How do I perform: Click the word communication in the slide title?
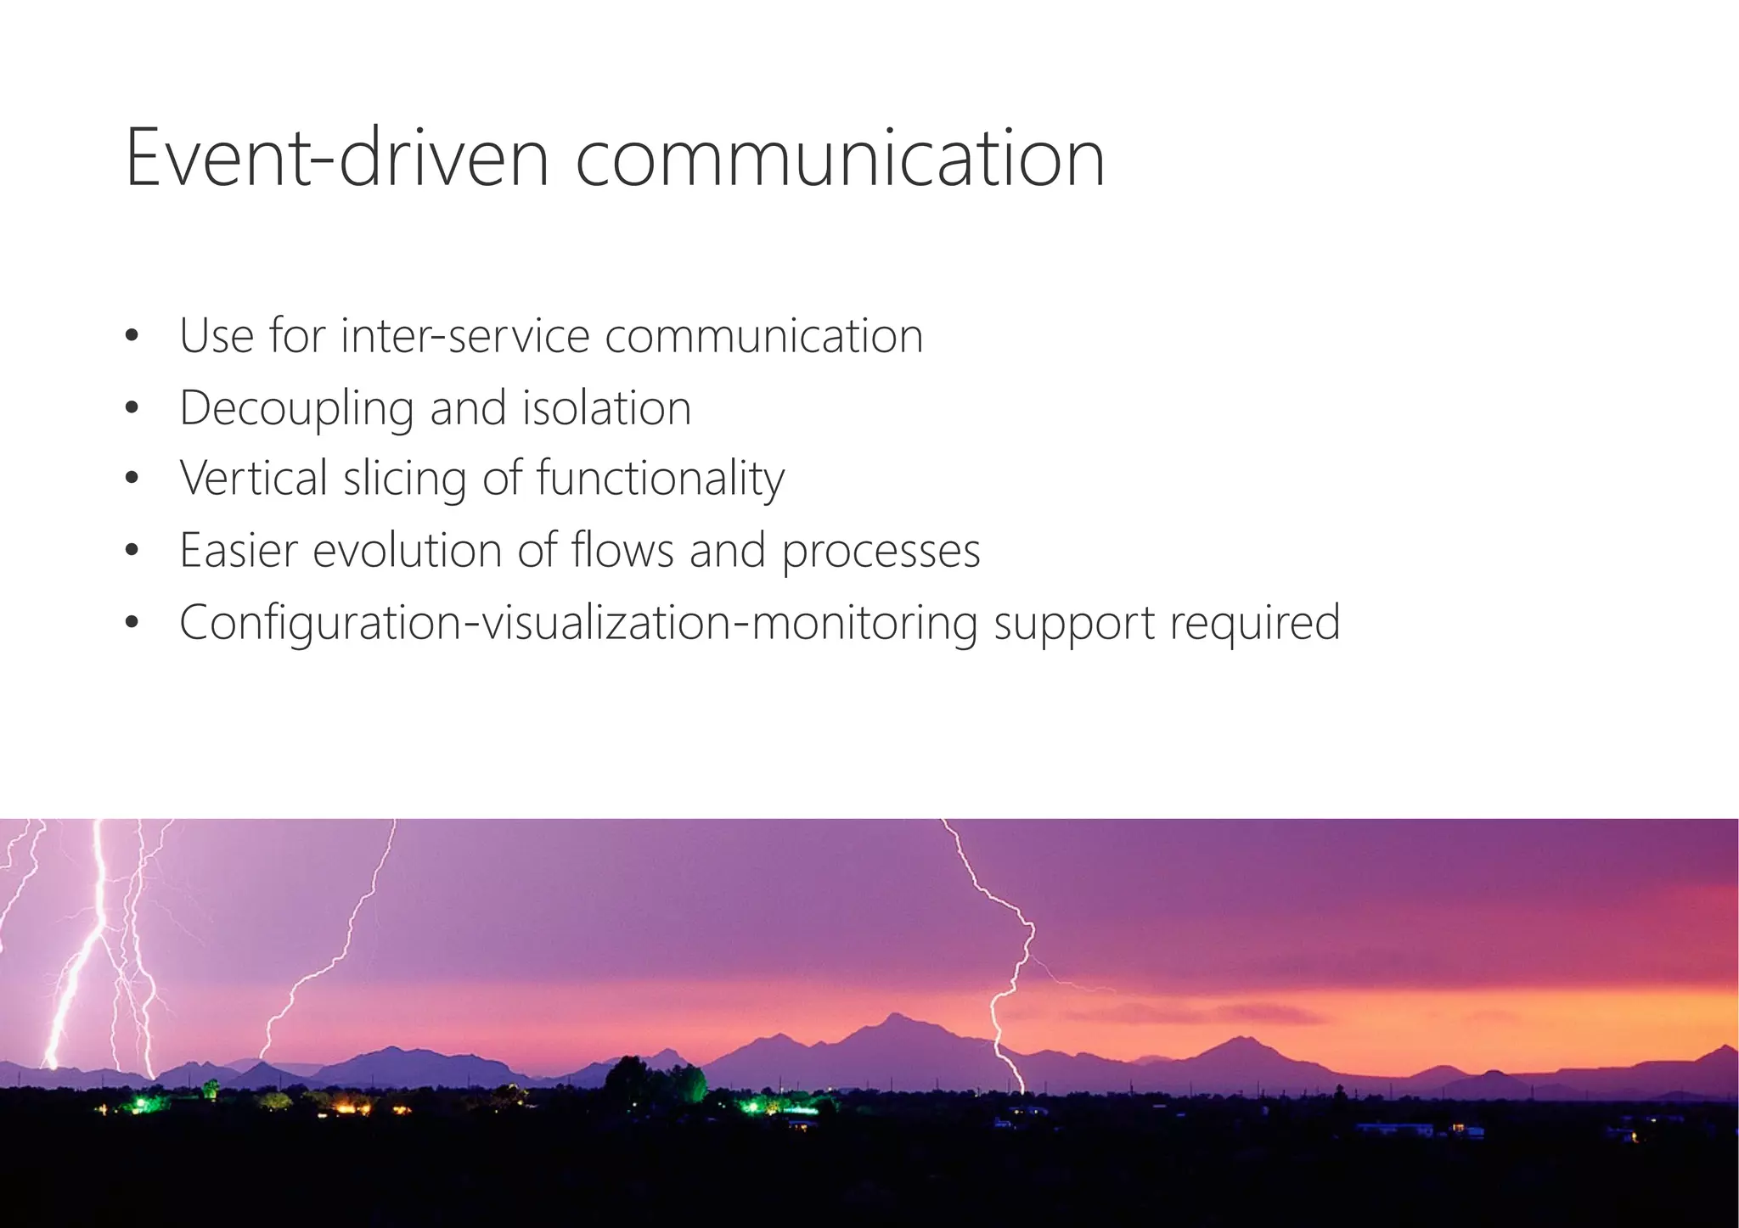coord(840,158)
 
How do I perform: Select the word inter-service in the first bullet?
coord(464,336)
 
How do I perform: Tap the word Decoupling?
coord(296,409)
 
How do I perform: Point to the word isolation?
coord(606,408)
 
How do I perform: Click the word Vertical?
coord(253,478)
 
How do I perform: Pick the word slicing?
coord(405,479)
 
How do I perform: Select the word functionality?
coord(661,479)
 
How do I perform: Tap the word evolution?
coord(407,550)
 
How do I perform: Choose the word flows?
coord(622,550)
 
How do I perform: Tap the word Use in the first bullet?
coord(217,336)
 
